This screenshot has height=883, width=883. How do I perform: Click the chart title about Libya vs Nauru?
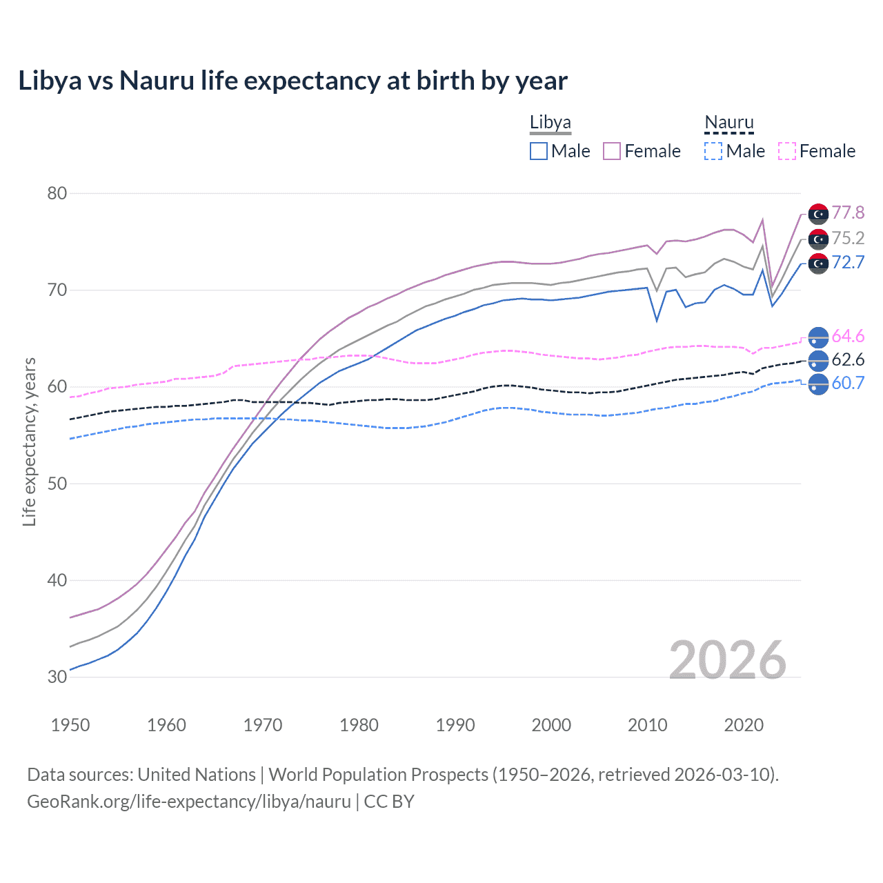(x=292, y=81)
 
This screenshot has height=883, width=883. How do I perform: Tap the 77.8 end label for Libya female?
(x=848, y=212)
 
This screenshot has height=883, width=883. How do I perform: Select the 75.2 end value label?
(x=848, y=238)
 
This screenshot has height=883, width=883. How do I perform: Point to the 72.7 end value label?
(x=848, y=262)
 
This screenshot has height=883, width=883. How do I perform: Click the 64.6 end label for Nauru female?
(x=848, y=336)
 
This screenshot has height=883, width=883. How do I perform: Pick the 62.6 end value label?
(x=848, y=359)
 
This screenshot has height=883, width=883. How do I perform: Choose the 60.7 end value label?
(x=848, y=383)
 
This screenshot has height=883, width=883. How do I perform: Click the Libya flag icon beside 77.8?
(x=818, y=215)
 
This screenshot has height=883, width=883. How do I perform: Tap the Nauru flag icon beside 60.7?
(x=818, y=384)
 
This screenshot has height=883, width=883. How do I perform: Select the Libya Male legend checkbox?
(x=539, y=151)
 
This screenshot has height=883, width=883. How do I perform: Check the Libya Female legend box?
(x=612, y=151)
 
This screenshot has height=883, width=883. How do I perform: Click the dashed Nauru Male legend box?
(x=713, y=151)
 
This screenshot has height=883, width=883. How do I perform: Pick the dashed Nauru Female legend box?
(x=787, y=151)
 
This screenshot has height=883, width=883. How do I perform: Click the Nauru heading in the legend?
(x=729, y=123)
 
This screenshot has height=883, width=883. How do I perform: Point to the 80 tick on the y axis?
(x=57, y=193)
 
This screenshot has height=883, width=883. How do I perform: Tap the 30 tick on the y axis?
(x=57, y=677)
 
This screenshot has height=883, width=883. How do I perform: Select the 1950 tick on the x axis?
(x=70, y=725)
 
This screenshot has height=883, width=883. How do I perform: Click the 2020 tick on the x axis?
(x=744, y=725)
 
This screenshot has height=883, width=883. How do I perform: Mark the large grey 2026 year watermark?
(x=728, y=660)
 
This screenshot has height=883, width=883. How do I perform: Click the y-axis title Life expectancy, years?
(x=29, y=441)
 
